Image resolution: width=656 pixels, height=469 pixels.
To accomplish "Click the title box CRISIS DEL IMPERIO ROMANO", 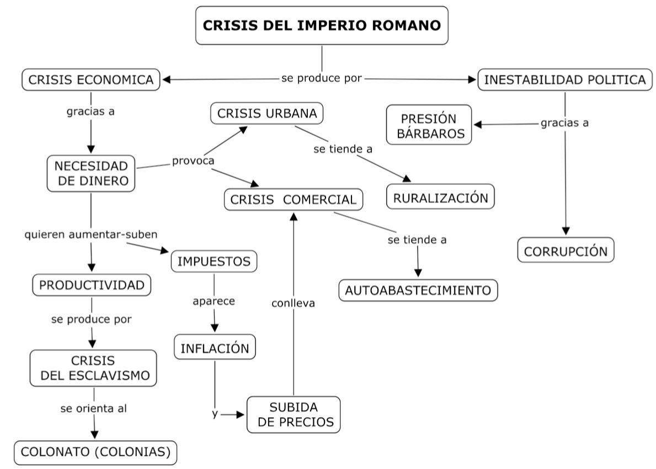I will click(322, 25).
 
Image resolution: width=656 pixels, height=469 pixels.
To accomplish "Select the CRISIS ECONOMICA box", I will click(91, 80).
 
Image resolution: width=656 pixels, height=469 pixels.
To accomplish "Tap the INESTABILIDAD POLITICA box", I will click(564, 80).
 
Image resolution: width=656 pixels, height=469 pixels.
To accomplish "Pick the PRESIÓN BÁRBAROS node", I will click(429, 125).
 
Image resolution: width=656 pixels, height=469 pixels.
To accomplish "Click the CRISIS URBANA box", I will click(267, 114).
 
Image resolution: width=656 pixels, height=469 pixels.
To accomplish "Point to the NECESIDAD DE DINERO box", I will click(91, 173).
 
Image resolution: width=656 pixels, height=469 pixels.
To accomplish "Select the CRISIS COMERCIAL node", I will click(294, 200).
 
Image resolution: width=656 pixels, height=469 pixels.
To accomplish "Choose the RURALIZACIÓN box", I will click(440, 198).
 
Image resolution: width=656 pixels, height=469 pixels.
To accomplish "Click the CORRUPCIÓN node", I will click(566, 252).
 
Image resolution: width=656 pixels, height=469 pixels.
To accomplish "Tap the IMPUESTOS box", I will click(214, 262).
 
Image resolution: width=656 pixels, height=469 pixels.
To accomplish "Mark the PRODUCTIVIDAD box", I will click(92, 285).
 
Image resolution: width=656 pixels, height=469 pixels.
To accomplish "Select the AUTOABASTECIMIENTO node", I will click(418, 290).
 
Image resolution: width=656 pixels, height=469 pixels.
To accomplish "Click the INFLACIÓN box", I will click(215, 348).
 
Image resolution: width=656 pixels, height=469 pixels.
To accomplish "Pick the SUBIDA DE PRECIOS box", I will click(294, 415).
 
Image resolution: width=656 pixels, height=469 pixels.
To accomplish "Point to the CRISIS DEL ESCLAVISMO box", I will click(93, 368).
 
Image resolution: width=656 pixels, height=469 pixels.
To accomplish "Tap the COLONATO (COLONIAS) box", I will click(95, 452).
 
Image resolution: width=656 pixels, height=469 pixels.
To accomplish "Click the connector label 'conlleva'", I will click(293, 303).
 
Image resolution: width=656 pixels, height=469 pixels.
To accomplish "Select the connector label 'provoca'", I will click(193, 161).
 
